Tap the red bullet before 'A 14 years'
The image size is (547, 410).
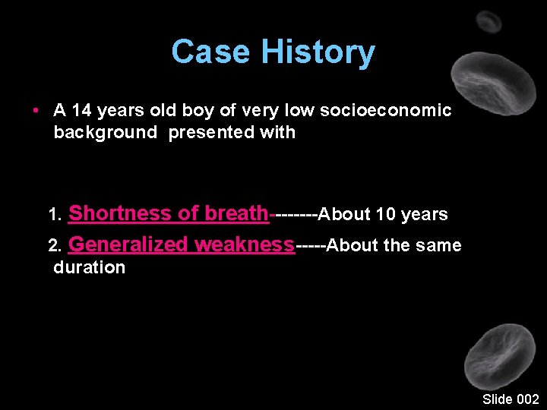(36, 111)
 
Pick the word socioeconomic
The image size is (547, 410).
(385, 111)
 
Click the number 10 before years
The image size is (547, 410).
(386, 215)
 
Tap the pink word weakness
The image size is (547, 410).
(244, 244)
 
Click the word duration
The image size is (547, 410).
(89, 267)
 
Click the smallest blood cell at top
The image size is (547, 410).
(489, 21)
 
